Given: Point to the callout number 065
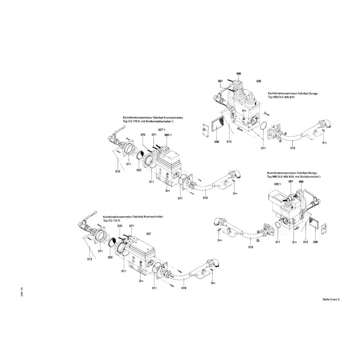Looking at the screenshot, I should [x=167, y=135].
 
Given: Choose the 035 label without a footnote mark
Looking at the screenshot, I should [x=259, y=81].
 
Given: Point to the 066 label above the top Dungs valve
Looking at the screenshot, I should [x=239, y=73].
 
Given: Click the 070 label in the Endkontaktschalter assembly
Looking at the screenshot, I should [x=143, y=135].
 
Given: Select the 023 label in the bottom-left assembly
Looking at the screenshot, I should [x=110, y=257].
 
